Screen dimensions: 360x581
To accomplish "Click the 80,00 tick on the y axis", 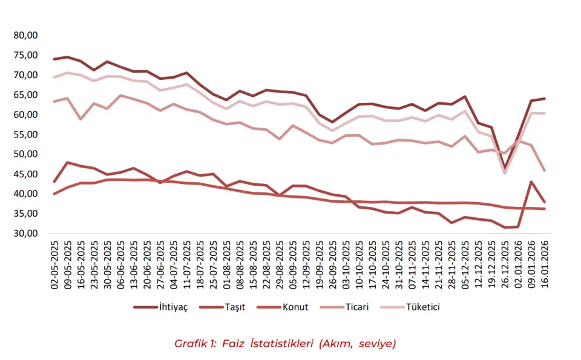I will click(25, 36).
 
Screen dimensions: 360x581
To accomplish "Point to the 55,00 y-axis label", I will click(25, 134).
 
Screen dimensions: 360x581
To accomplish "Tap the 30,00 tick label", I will click(25, 234).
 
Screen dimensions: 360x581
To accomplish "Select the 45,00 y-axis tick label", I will click(25, 174).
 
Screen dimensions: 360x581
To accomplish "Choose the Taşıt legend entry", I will click(233, 307).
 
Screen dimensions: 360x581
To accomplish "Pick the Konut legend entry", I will click(295, 307).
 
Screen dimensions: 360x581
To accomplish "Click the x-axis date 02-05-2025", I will click(54, 263).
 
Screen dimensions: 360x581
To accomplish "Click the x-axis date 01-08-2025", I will click(226, 263).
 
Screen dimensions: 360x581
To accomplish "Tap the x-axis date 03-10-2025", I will click(344, 263).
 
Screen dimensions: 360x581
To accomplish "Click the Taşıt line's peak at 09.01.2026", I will click(531, 182).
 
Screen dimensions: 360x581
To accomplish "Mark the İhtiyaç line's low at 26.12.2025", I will click(504, 169).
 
